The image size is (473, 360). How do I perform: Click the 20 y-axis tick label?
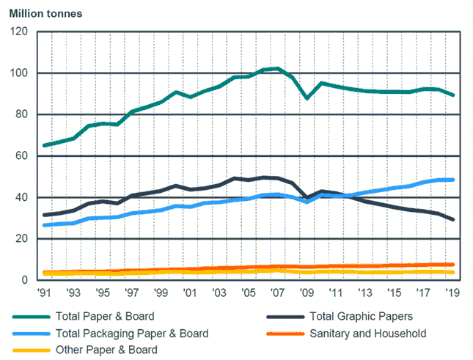click(21, 239)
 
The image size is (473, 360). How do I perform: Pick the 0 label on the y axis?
click(23, 280)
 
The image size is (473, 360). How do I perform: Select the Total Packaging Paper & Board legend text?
click(131, 334)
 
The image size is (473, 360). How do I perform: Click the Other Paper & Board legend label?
click(106, 350)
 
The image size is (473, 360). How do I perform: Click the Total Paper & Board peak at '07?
click(277, 69)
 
